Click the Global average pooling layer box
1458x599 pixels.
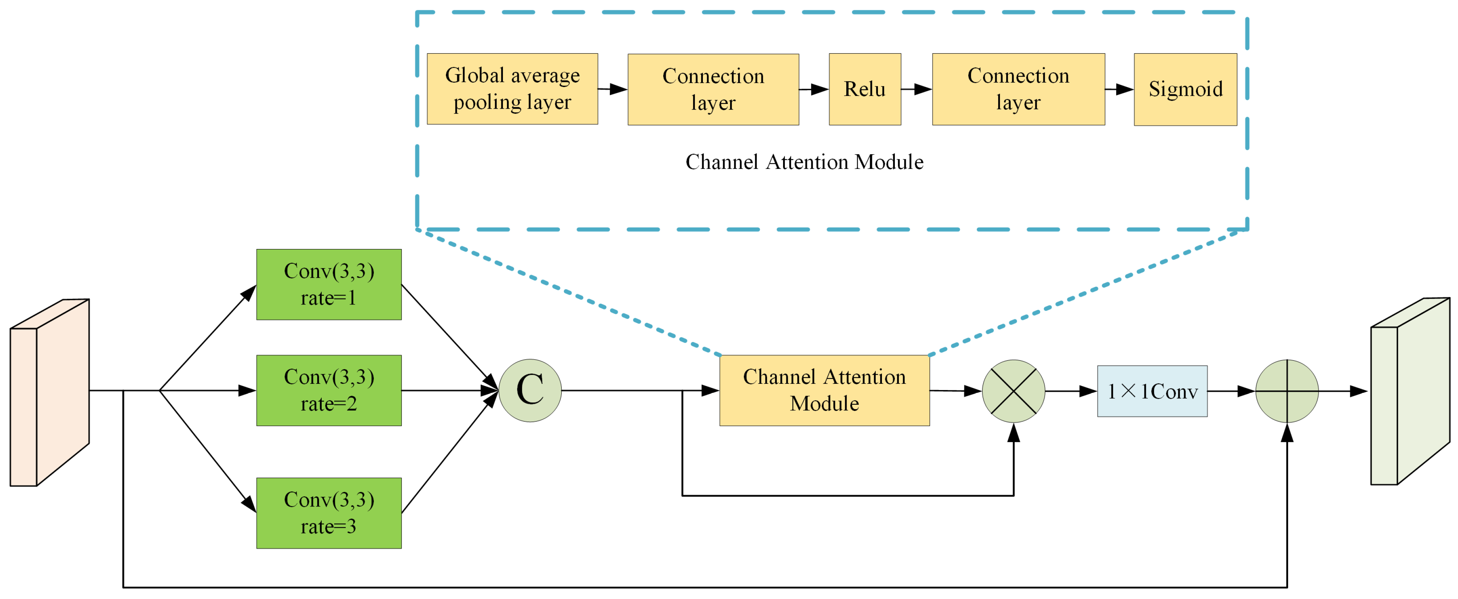[512, 89]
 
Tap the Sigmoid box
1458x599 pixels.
[1185, 89]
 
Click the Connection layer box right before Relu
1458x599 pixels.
[713, 89]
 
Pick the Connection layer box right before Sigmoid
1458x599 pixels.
[1018, 89]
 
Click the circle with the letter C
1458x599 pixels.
[530, 390]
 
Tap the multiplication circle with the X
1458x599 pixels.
[1013, 391]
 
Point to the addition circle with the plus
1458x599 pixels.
[1287, 391]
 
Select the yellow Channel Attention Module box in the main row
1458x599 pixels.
[824, 390]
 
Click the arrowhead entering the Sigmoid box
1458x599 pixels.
[1125, 89]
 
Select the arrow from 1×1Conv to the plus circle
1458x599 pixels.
[1231, 391]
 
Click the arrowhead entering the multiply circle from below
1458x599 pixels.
[1013, 433]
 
